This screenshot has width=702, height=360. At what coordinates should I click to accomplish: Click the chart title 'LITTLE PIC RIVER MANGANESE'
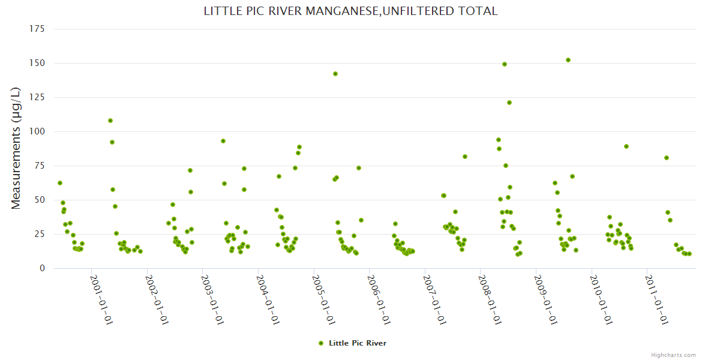point(350,11)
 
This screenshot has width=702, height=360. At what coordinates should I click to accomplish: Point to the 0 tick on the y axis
point(42,268)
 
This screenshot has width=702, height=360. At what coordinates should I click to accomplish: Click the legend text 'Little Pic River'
point(358,343)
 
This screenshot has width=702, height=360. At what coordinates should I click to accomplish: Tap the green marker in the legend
point(320,343)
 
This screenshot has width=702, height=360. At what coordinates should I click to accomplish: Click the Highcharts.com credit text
point(673,355)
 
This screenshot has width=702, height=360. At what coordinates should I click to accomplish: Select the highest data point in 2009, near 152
point(568,60)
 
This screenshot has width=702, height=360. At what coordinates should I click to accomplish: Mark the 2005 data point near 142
point(335,74)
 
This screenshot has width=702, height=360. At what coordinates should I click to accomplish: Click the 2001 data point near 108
point(110,121)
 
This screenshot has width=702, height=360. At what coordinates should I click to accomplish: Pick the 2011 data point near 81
point(667,158)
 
